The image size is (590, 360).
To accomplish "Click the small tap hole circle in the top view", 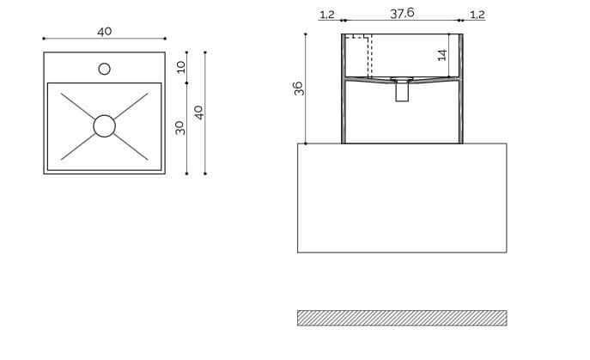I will [104, 69].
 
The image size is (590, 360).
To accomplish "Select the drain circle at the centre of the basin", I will [104, 126].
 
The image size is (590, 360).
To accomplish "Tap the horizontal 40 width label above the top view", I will [104, 31].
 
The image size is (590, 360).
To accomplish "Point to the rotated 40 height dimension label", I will [198, 113].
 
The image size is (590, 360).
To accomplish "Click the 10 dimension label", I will [180, 67].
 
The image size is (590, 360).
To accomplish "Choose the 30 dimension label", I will [180, 127].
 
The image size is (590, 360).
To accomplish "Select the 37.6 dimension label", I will [402, 13].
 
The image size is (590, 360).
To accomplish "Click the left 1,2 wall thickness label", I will [326, 14].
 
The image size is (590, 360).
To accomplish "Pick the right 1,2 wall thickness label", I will [477, 14].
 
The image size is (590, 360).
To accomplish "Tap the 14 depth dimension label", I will [442, 54].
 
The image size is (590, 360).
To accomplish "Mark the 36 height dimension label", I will [299, 88].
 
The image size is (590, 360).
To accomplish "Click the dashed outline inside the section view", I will [359, 56].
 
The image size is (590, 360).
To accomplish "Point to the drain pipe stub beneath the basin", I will [402, 90].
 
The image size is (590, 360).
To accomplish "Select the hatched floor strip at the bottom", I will [402, 318].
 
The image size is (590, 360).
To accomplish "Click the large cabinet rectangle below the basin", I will [402, 198].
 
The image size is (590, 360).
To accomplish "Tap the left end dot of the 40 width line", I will [44, 39].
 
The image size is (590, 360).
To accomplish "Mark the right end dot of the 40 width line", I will [164, 39].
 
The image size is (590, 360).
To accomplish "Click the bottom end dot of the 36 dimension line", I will [307, 143].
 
